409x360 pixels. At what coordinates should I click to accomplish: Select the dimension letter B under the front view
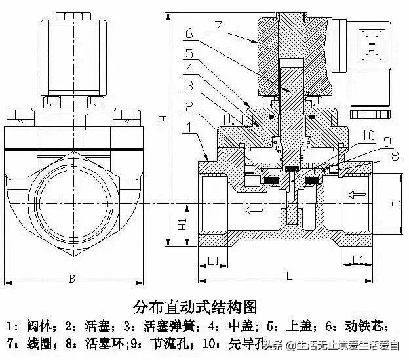[x=71, y=278]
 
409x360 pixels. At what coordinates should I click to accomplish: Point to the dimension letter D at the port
[x=395, y=203]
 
